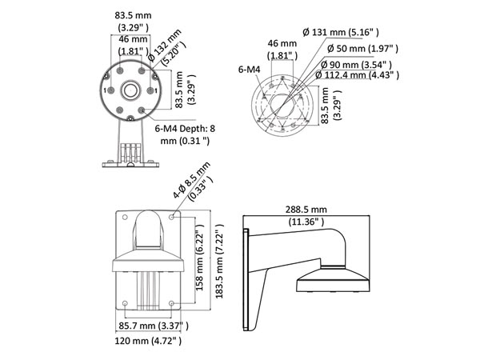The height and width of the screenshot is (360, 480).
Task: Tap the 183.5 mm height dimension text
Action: (x=219, y=261)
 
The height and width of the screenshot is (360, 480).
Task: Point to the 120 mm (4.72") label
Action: (x=148, y=341)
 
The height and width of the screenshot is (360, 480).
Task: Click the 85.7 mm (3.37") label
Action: (x=154, y=326)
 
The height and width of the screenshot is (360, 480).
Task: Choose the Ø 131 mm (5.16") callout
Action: (x=341, y=32)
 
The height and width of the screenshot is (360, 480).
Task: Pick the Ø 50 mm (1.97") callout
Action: (x=362, y=48)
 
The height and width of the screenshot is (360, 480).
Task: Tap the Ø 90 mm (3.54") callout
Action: (x=356, y=65)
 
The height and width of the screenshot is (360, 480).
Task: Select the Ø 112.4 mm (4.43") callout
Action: (x=357, y=75)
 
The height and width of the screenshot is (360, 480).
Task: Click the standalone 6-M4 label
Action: (x=249, y=70)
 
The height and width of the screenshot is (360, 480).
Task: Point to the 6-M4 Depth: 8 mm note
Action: (x=185, y=134)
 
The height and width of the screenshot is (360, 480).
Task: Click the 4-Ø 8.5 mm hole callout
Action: (x=193, y=182)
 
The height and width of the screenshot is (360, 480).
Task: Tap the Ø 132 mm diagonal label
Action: (x=166, y=47)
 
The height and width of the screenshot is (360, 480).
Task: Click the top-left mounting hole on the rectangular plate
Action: (x=125, y=218)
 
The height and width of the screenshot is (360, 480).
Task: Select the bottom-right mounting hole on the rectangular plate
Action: (x=171, y=303)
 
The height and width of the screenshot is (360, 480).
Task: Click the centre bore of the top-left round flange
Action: (x=131, y=90)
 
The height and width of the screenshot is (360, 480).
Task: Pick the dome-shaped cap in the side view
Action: (x=333, y=279)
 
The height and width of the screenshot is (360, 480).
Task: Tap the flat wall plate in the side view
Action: (x=246, y=279)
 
